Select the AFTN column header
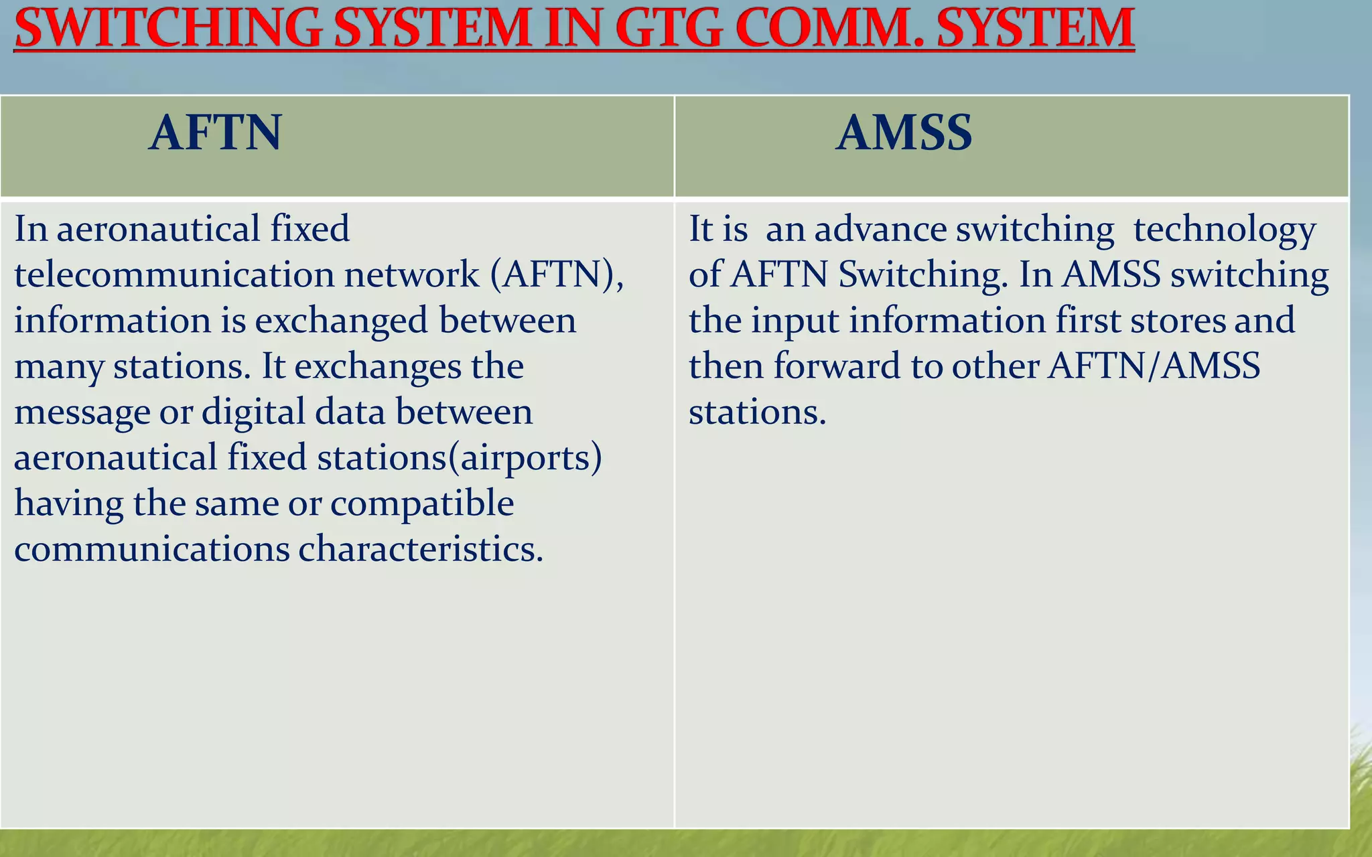click(215, 133)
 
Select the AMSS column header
click(904, 133)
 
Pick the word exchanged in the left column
click(342, 320)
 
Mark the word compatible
click(422, 503)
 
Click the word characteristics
click(420, 549)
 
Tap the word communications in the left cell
click(151, 549)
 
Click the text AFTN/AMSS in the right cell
click(1154, 366)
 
